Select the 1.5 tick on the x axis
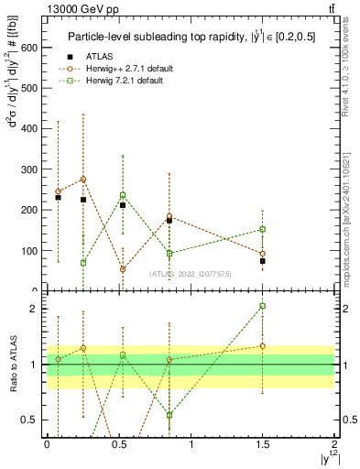point(262,443)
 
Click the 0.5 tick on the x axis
point(118,443)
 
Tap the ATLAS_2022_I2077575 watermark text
point(191,272)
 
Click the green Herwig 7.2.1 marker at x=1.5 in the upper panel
point(262,229)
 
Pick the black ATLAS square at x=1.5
point(262,261)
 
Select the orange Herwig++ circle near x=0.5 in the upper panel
point(123,269)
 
